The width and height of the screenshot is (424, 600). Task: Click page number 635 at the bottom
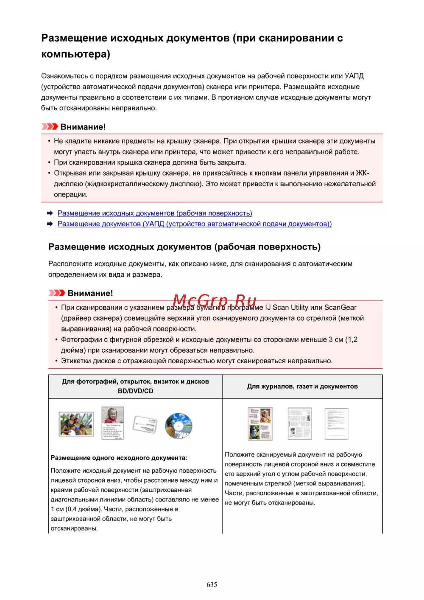click(x=212, y=584)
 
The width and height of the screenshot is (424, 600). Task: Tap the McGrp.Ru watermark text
click(x=215, y=301)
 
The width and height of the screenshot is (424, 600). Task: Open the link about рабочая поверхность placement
click(x=155, y=213)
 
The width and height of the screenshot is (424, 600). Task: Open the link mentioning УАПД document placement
click(x=194, y=224)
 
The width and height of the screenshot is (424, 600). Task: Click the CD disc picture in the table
click(x=179, y=426)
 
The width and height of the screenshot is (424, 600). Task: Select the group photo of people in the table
click(x=76, y=424)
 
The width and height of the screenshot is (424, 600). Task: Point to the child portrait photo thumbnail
click(x=113, y=423)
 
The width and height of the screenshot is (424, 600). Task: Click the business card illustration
click(x=145, y=424)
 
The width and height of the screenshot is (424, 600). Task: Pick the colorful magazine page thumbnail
click(x=260, y=423)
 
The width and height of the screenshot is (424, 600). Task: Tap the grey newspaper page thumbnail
click(x=299, y=423)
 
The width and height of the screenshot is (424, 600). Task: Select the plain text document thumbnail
click(x=336, y=423)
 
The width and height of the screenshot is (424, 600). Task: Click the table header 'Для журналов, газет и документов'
click(x=302, y=386)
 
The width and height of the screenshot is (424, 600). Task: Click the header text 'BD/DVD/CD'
click(x=135, y=391)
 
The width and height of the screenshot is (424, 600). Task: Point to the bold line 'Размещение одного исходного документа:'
click(x=119, y=457)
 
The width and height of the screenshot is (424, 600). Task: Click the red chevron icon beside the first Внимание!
click(x=50, y=126)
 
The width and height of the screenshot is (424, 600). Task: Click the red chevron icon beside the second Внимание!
click(x=57, y=293)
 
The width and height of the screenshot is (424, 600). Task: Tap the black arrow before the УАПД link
click(x=50, y=224)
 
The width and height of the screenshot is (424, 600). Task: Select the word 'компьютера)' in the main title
click(x=75, y=54)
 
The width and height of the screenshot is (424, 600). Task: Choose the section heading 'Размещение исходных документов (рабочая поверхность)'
click(x=184, y=247)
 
